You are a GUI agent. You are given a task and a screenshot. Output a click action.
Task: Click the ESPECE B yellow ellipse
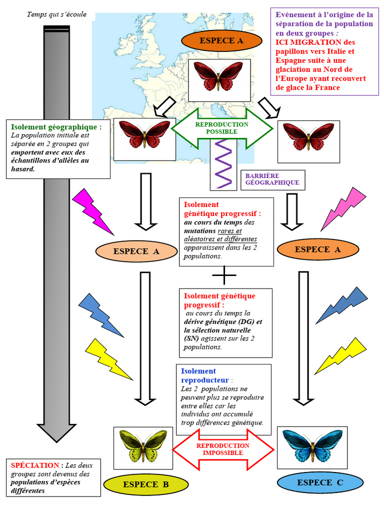[x=146, y=484]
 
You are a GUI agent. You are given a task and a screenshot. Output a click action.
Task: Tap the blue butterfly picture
[x=312, y=447]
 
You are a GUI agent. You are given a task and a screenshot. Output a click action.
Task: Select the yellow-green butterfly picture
[x=143, y=447]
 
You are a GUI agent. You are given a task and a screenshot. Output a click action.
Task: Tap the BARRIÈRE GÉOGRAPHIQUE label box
[x=272, y=179]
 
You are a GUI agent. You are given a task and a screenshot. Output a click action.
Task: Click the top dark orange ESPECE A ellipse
[x=221, y=40]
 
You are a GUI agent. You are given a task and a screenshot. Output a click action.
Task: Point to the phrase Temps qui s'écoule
[x=56, y=14]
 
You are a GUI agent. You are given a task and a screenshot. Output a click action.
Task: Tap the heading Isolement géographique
[x=56, y=127]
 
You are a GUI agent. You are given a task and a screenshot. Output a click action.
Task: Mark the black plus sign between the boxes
[x=224, y=275]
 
